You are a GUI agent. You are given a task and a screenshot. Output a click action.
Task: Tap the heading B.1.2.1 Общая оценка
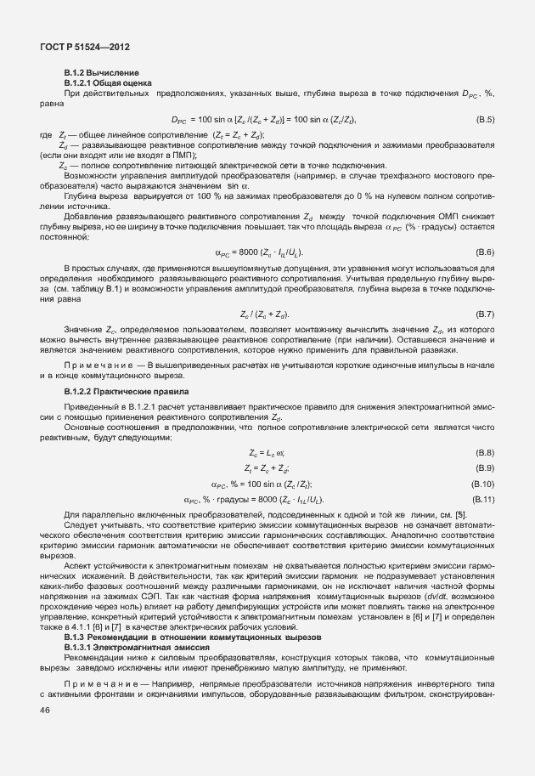(x=108, y=82)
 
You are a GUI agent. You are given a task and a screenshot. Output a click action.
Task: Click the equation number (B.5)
(x=485, y=120)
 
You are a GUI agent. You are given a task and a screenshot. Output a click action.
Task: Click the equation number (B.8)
(x=485, y=452)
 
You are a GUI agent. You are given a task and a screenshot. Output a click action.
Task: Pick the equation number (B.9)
(x=485, y=467)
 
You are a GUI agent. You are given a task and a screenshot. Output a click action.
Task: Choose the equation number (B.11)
(x=483, y=498)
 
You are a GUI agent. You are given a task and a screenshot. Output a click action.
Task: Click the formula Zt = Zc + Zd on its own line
(x=267, y=467)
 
